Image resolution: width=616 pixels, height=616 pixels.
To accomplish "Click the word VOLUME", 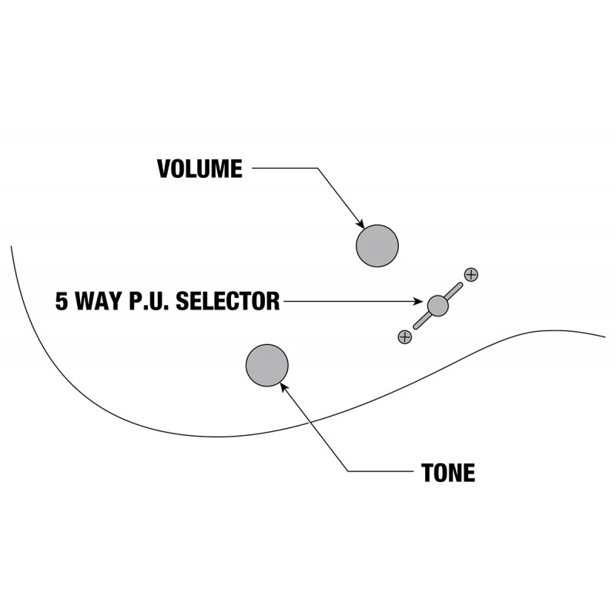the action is coord(199,169).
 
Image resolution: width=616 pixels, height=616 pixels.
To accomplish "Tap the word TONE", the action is coord(448,473).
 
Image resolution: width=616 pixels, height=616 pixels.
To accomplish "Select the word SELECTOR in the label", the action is coord(227,301).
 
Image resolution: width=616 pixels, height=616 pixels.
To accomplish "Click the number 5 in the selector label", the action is coord(62,301).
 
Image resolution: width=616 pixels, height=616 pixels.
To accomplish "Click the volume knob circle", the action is coord(377,246).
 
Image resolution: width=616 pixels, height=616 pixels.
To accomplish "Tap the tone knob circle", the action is coord(267,365).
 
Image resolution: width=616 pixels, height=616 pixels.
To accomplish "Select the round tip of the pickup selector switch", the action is coord(437,306).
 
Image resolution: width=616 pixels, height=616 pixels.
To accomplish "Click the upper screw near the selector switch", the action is coord(471,275).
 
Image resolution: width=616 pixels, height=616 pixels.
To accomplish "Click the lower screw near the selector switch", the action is coord(405,336).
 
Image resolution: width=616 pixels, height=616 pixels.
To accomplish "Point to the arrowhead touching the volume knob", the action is coord(360,224).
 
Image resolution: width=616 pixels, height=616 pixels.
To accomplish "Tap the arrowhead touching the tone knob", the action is coord(283,387).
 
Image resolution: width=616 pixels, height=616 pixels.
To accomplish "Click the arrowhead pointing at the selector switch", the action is coord(418,301).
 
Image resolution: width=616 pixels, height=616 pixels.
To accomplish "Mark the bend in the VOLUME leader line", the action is coord(317,168).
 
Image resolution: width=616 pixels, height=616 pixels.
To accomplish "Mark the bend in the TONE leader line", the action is coord(348,471).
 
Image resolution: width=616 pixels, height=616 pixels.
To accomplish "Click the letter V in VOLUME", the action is coord(164,169).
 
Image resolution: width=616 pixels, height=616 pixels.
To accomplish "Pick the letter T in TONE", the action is coord(427,473).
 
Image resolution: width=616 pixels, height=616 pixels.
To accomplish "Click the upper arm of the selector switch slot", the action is coord(454,291).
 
